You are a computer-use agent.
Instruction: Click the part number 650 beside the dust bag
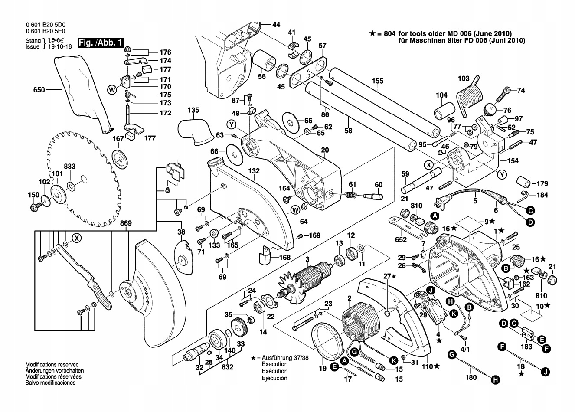(39, 90)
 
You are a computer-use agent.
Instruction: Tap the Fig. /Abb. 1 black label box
(100, 43)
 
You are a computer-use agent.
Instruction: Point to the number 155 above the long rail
(378, 81)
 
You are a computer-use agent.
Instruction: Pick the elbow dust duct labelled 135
(196, 132)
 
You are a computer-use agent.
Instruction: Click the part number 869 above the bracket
(126, 223)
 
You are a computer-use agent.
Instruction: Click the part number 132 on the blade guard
(254, 171)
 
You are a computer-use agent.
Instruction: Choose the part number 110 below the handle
(428, 367)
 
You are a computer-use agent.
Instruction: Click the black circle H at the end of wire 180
(495, 379)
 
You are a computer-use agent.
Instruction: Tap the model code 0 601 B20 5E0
(46, 31)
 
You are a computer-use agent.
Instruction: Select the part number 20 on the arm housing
(325, 150)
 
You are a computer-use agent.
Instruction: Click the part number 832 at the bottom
(227, 367)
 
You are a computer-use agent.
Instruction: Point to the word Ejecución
(274, 378)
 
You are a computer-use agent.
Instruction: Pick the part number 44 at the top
(276, 25)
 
